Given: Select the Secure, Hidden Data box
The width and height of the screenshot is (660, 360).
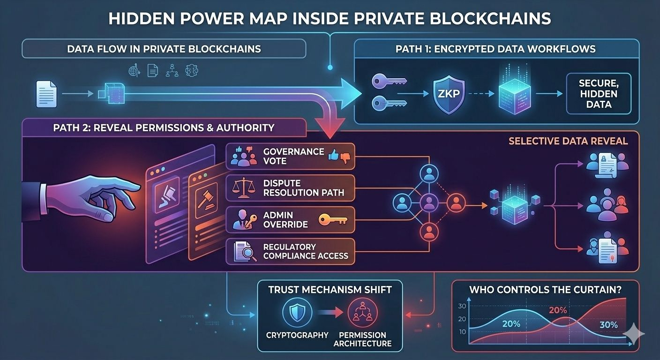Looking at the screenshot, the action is [599, 94].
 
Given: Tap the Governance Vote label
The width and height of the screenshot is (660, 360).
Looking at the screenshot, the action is [293, 156].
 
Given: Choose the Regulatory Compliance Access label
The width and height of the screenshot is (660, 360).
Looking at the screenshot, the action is [306, 251].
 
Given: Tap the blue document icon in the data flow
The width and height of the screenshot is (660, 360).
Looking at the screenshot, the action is [46, 94].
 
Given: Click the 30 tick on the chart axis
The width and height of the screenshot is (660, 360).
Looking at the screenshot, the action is [461, 306].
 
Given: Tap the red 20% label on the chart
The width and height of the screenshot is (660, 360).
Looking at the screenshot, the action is [558, 310].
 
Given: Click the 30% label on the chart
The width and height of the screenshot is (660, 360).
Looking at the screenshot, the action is [608, 325].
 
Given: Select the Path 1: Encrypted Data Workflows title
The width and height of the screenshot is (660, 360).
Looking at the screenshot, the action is [495, 49].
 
